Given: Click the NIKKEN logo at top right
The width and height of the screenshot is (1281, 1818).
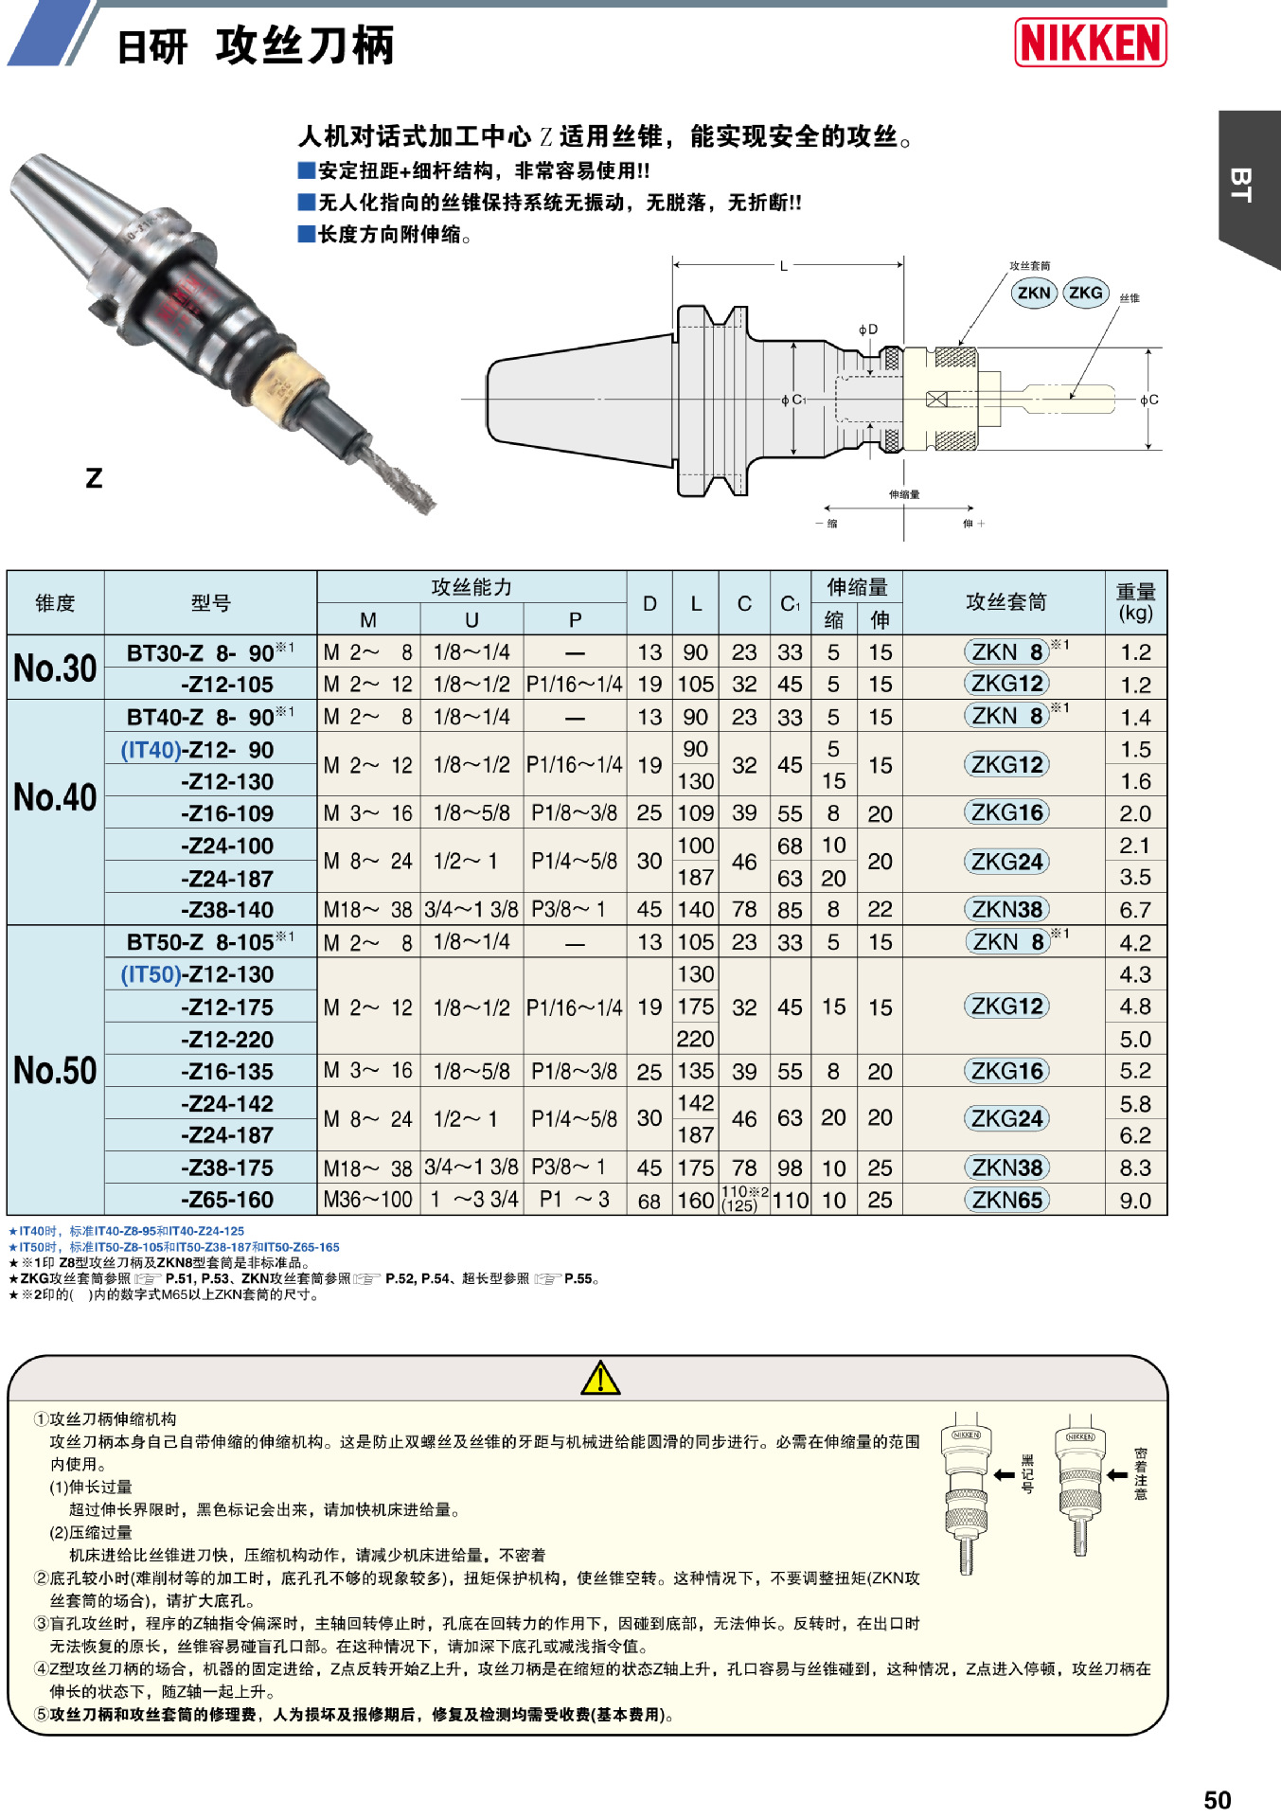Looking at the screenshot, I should coord(1090,43).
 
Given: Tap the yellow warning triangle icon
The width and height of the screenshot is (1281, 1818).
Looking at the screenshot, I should coord(600,1379).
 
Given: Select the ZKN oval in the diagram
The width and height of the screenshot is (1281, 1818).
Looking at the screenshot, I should coord(1033,293).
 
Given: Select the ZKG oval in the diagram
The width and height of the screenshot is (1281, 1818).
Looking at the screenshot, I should coord(1085,293).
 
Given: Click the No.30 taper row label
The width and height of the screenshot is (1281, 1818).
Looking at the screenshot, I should coord(55,668).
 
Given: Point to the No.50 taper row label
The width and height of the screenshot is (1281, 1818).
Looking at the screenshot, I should coord(55,1071).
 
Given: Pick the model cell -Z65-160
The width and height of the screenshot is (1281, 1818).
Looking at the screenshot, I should coord(227,1200).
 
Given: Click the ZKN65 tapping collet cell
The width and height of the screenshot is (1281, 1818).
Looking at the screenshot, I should coord(1006,1200).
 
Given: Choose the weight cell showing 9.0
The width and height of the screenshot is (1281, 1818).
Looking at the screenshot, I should coord(1135,1201).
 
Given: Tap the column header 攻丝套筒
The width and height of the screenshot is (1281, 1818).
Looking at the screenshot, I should coord(1005,602).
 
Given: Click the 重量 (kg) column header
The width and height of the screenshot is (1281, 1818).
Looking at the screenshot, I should coord(1135,602).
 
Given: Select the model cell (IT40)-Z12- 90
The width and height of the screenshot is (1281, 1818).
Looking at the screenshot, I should coord(197,750).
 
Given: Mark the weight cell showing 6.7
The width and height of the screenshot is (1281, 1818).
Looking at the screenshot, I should coord(1135,910).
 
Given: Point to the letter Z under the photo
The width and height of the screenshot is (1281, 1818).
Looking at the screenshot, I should coord(94,478).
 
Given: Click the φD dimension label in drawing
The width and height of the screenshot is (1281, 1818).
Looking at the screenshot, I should coord(867,330).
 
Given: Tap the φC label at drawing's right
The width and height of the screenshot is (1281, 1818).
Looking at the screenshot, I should coord(1148,401).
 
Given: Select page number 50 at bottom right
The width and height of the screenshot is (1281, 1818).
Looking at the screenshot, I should coord(1217,1799).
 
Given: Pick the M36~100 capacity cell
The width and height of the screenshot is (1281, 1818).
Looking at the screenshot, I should coord(367,1200).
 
